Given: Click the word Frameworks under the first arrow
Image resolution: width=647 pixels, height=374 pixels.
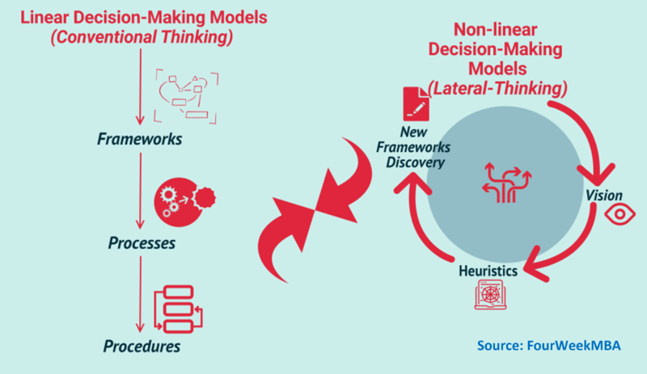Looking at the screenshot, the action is (139, 139).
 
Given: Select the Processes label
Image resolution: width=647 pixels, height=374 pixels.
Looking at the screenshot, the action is (142, 243).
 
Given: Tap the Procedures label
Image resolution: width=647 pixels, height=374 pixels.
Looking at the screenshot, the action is (142, 346).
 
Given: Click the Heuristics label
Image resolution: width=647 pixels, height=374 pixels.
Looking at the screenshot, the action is (488, 271).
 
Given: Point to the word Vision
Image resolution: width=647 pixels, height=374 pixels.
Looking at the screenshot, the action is (604, 195).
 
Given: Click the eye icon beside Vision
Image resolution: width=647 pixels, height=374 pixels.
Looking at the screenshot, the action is (620, 214).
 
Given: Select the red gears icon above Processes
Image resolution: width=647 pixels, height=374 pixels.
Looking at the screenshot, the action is (184, 202).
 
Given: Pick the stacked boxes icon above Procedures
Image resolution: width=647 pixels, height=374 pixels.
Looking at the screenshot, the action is (178, 309).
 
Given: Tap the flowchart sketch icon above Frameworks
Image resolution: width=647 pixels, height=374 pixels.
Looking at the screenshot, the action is (186, 96).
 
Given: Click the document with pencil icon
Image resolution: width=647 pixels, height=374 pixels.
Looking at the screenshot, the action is (416, 104).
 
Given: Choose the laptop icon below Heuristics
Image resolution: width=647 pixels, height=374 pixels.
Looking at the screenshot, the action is (490, 294).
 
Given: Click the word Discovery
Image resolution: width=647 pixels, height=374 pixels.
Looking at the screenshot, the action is (415, 162).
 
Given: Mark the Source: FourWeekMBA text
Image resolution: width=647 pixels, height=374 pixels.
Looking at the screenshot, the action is (549, 345).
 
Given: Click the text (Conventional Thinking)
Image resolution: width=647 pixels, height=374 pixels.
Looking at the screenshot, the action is (142, 37).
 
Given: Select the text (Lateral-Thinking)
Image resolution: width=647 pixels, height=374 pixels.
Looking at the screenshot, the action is (497, 88).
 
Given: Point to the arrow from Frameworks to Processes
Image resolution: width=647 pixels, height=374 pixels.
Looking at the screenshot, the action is (140, 191).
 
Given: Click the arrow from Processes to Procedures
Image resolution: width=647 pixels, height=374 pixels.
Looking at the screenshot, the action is (140, 294).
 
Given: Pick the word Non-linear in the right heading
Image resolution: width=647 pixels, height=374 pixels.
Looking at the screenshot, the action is (495, 30).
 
